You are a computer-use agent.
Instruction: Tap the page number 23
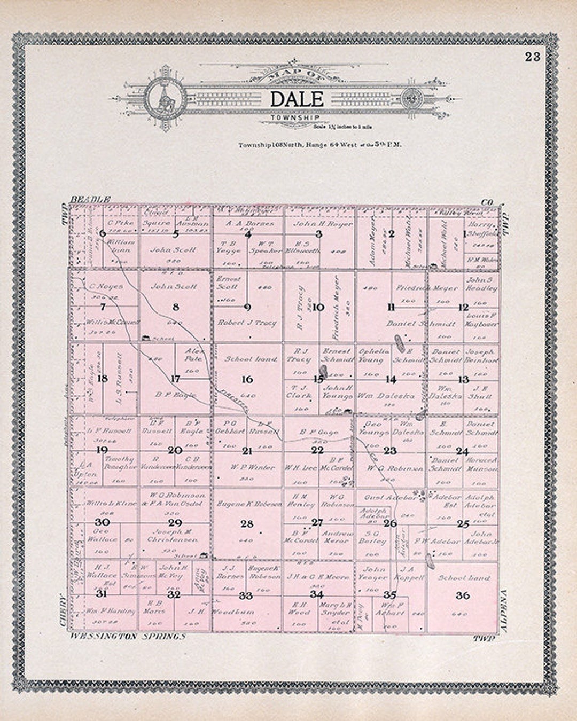pyautogui.click(x=532, y=57)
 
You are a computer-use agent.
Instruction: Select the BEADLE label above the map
pyautogui.click(x=90, y=199)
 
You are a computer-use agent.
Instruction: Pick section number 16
pyautogui.click(x=247, y=379)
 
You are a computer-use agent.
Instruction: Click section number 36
pyautogui.click(x=463, y=595)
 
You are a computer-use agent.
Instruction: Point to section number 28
pyautogui.click(x=247, y=524)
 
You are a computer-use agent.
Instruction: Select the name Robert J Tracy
pyautogui.click(x=247, y=323)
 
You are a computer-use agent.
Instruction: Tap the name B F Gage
pyautogui.click(x=319, y=432)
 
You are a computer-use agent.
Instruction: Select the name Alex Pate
pyautogui.click(x=194, y=355)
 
